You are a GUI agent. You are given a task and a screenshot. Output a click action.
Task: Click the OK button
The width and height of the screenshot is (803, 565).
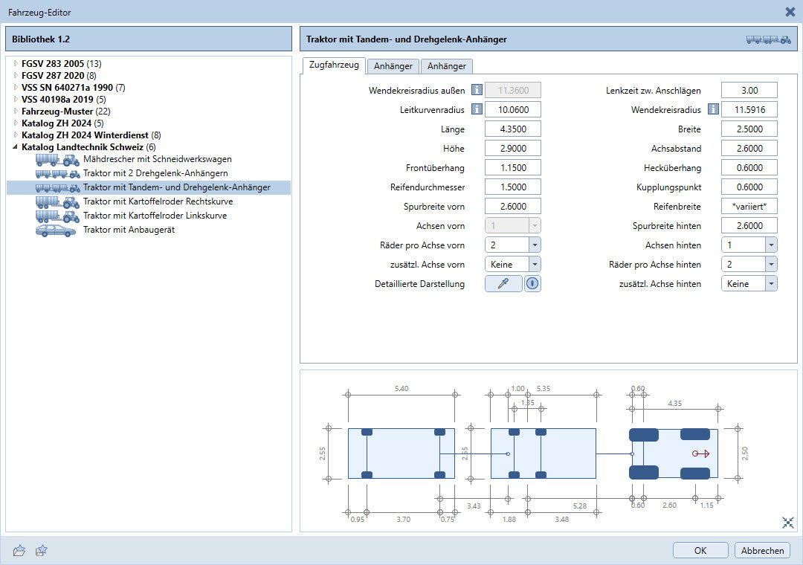click(x=700, y=550)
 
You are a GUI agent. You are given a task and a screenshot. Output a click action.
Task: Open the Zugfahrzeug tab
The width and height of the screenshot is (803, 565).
click(x=334, y=65)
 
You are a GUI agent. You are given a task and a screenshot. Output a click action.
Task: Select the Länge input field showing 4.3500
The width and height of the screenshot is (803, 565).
click(x=512, y=129)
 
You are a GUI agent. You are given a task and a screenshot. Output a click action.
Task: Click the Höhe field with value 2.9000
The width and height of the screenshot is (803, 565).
click(x=512, y=149)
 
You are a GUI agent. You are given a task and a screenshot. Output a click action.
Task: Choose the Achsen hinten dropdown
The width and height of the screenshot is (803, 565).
click(x=749, y=245)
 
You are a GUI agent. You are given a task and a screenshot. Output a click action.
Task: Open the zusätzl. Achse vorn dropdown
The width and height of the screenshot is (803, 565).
click(x=512, y=265)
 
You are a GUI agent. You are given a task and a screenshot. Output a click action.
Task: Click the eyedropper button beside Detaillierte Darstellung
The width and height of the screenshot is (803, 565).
click(x=503, y=284)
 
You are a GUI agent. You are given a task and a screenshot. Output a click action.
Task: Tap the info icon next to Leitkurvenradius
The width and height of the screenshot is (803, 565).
click(x=477, y=109)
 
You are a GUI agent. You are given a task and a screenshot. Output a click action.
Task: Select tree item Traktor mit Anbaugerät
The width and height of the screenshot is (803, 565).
click(x=129, y=230)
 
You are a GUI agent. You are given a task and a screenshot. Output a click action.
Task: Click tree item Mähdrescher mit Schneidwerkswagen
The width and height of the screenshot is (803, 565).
click(x=158, y=159)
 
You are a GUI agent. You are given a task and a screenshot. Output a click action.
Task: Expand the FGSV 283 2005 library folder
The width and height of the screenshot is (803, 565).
click(x=16, y=63)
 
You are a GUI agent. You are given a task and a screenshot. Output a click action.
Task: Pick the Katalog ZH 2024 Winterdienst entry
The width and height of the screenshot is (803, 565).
click(x=85, y=135)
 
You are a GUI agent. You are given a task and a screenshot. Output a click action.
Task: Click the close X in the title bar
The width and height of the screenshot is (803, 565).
click(x=790, y=12)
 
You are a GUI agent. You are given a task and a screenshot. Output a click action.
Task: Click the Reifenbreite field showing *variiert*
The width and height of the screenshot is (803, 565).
click(x=749, y=207)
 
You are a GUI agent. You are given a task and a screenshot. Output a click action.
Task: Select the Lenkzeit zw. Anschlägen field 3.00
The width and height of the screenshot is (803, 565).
click(x=749, y=90)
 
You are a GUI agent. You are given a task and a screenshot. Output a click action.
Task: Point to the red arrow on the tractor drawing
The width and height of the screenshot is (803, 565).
click(x=700, y=453)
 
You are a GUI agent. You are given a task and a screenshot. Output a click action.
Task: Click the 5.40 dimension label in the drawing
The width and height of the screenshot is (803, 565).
click(x=401, y=388)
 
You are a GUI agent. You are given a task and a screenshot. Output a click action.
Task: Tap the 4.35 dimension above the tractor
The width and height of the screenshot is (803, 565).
click(x=674, y=403)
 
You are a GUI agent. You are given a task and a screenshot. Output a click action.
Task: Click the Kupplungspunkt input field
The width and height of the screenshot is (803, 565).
click(x=749, y=187)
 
